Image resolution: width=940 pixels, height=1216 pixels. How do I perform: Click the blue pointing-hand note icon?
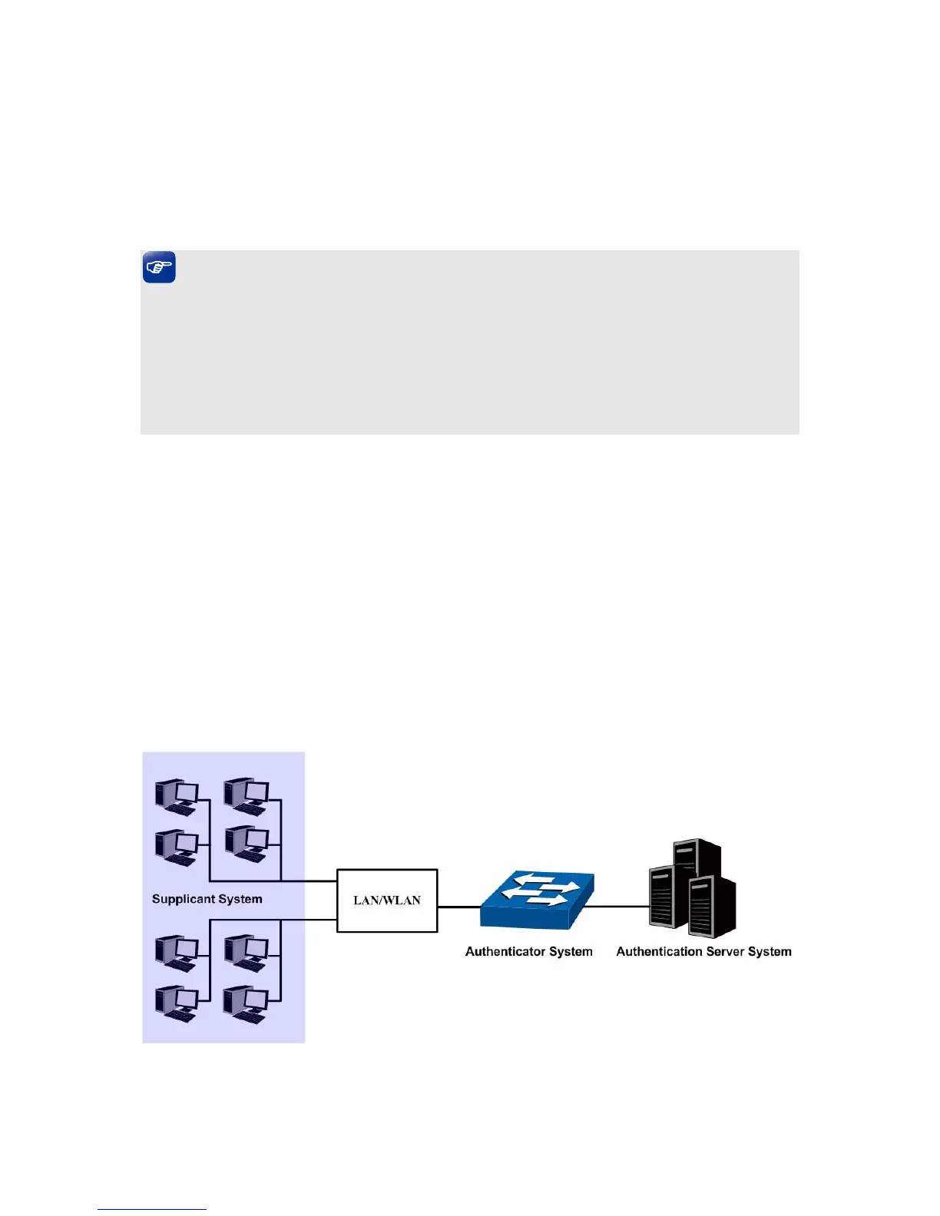coord(159,267)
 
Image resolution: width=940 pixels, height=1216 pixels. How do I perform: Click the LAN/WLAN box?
coord(387,900)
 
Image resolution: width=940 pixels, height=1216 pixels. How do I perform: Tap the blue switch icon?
coord(537,900)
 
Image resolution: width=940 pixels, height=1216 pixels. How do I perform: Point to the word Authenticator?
coord(505,951)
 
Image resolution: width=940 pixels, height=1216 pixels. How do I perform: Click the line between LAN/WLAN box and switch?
coord(458,907)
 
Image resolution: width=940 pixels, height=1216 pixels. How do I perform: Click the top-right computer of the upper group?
coord(246,796)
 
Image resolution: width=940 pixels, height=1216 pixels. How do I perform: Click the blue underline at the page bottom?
coord(152,1209)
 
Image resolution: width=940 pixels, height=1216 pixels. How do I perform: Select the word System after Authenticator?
coord(571,951)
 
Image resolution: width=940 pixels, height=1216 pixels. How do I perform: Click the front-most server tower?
coord(711,907)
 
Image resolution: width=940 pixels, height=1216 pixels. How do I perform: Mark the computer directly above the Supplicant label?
coord(177,848)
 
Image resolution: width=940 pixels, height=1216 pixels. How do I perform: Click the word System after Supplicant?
coord(240,899)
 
